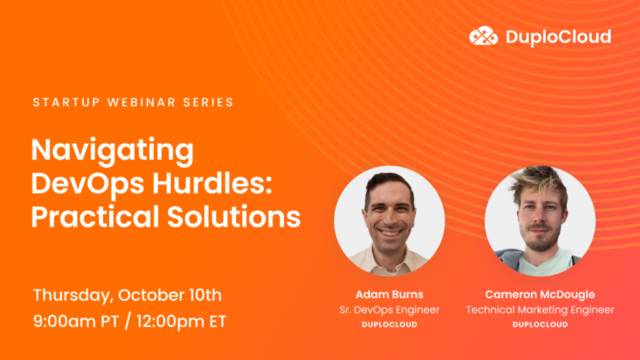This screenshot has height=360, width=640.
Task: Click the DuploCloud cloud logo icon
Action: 483,36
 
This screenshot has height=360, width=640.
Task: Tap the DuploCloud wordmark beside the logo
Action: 557,37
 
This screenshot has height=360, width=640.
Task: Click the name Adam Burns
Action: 389,294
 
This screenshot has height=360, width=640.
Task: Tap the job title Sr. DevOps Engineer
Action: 389,309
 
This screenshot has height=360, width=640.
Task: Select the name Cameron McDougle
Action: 540,294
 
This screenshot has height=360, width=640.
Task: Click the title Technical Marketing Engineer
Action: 540,309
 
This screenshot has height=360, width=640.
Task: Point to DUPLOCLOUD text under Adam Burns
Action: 389,324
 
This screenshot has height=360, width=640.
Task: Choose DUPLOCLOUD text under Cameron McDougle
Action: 540,324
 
